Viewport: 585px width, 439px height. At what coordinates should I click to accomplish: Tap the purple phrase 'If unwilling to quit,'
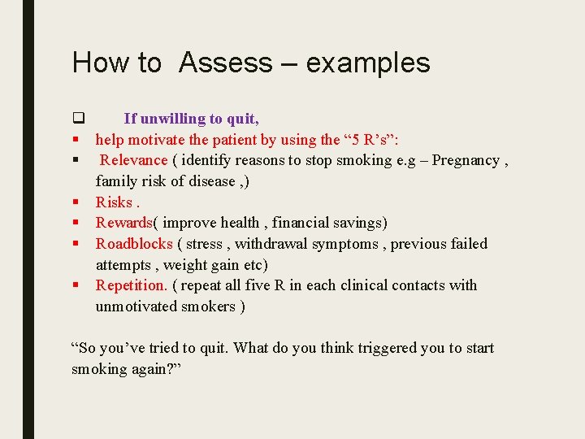(192, 119)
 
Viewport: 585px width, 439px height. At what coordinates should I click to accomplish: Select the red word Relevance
(133, 160)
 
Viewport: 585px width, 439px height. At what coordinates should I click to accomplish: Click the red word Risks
(114, 202)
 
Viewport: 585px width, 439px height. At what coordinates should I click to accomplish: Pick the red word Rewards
(123, 223)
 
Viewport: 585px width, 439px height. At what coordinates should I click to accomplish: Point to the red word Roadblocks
(134, 244)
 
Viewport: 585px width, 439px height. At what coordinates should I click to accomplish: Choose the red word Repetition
(131, 285)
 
